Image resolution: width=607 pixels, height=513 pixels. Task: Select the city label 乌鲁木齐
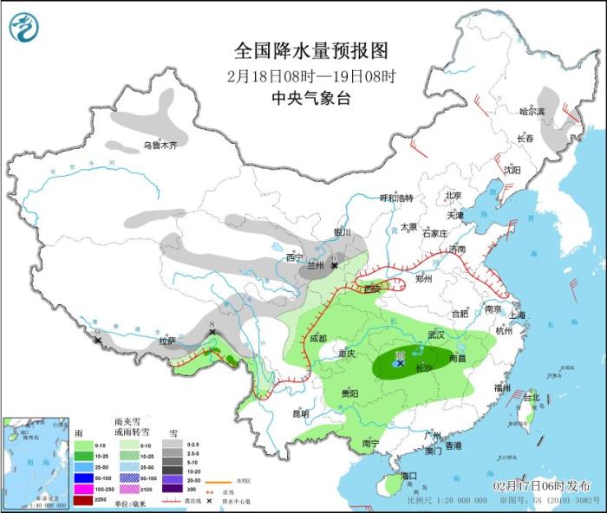[x=165, y=146]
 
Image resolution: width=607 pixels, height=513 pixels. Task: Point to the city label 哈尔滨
[x=532, y=112]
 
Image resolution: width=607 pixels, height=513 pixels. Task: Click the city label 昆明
[x=300, y=413]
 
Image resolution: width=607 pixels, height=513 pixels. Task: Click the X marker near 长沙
[x=400, y=364]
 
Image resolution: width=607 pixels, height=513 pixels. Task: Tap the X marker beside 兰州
[x=334, y=265]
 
